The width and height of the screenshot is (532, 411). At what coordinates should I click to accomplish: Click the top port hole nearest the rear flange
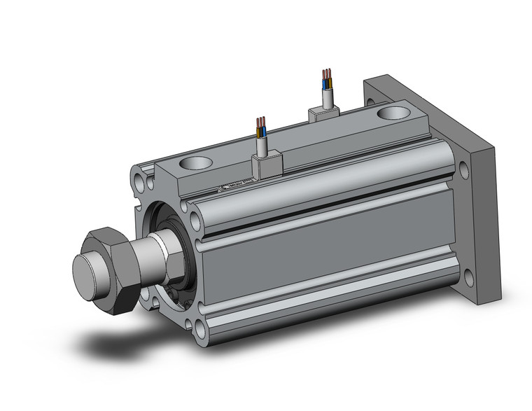tap(390, 113)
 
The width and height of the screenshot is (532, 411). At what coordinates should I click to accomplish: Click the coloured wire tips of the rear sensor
tap(326, 76)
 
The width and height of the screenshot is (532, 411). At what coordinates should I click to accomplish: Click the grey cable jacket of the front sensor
tap(263, 146)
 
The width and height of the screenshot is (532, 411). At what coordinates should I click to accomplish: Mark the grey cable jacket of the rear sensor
tap(327, 94)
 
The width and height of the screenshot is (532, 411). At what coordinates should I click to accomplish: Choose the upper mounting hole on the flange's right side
tap(465, 168)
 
